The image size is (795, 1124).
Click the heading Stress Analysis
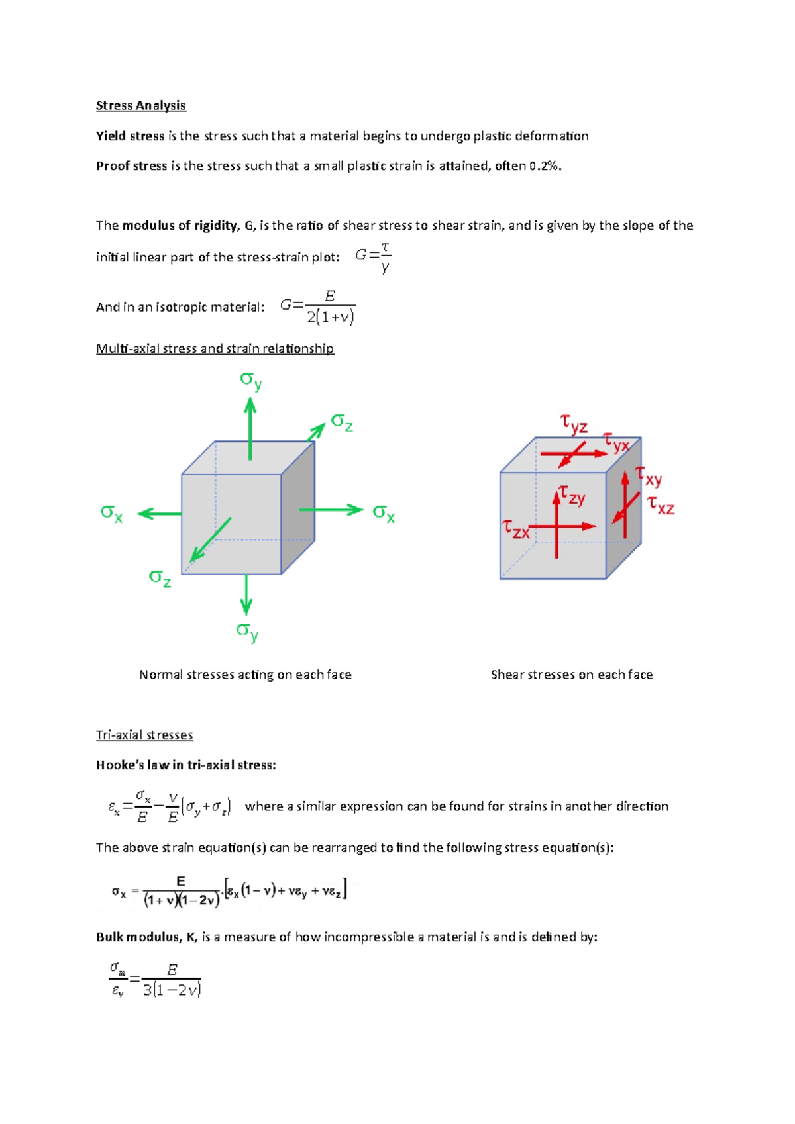pos(140,105)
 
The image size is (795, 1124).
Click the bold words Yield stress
pos(130,136)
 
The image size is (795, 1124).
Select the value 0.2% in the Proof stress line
pos(545,166)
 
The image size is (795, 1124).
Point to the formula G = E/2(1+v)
pos(318,307)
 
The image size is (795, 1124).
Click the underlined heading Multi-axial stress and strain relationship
pos(215,349)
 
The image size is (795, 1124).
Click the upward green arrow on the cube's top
pos(250,427)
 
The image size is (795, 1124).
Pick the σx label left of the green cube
pos(111,512)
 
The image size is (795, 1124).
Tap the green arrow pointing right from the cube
pos(331,510)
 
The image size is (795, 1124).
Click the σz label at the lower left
pos(160,578)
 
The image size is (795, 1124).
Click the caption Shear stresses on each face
pos(571,675)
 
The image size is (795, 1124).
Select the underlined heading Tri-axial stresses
pos(144,735)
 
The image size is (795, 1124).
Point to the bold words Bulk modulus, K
pos(146,937)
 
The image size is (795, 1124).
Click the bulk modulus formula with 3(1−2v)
pos(156,980)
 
